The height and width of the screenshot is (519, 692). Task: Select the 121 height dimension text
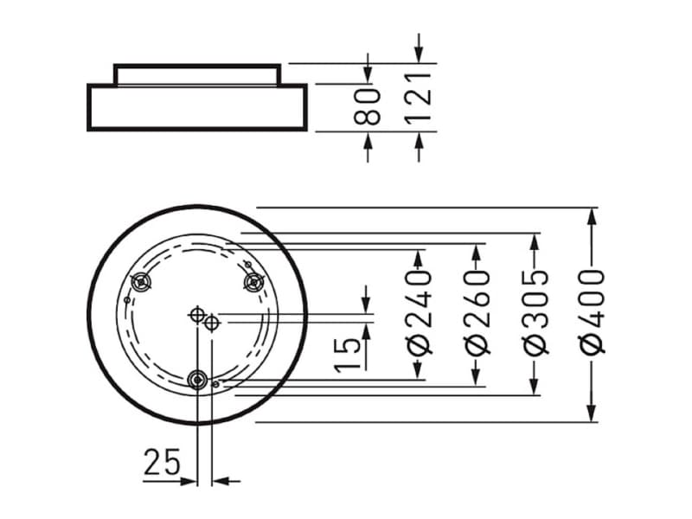pos(420,97)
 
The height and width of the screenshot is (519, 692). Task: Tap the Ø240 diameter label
pos(420,312)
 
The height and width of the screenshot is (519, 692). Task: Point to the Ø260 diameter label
pos(477,312)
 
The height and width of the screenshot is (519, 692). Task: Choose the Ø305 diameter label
pos(536,312)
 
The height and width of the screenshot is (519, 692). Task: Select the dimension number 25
pos(162,464)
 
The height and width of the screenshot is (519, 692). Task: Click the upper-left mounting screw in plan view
pos(141,282)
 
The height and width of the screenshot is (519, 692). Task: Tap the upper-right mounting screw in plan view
pos(254,281)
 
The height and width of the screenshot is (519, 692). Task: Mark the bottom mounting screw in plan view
pos(198,379)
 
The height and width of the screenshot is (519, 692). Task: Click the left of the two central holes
pos(198,315)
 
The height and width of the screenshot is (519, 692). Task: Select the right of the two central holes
pos(212,323)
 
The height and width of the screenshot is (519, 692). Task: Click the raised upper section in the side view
pos(197,74)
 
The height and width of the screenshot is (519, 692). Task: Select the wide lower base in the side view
pos(197,107)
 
